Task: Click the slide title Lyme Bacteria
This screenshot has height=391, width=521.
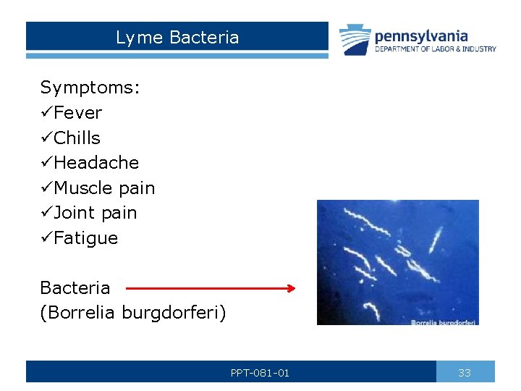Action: click(x=177, y=38)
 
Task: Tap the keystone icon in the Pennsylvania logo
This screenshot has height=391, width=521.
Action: click(x=355, y=40)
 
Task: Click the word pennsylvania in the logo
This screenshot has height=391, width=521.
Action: click(x=421, y=35)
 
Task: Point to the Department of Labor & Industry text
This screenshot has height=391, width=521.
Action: click(x=435, y=49)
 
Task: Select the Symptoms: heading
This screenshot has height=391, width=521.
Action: click(x=90, y=88)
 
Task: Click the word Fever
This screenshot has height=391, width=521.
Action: click(x=78, y=113)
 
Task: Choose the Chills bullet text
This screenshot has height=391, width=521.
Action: click(x=77, y=138)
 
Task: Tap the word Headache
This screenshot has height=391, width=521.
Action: click(x=96, y=163)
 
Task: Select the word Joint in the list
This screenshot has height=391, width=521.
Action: click(x=75, y=213)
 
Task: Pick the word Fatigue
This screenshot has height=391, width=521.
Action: click(x=86, y=238)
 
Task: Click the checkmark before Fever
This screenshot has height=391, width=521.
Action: click(x=46, y=113)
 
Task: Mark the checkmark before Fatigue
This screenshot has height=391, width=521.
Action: click(x=46, y=238)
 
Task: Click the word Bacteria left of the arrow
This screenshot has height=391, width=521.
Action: click(x=75, y=288)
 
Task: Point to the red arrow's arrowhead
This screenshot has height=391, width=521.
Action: click(x=291, y=288)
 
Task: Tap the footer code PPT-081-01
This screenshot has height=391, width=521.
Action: click(x=260, y=373)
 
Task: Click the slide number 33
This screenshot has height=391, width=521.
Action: click(x=465, y=373)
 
